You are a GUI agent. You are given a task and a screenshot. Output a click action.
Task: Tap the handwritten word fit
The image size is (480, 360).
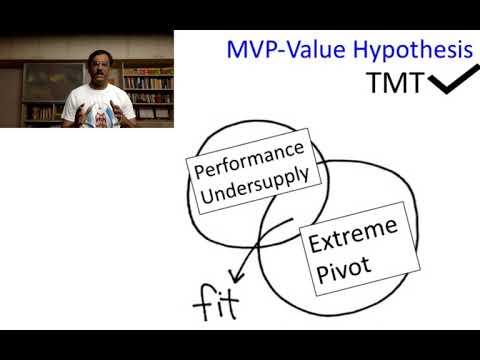213,301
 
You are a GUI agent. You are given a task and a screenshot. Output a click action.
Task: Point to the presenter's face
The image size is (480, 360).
95,67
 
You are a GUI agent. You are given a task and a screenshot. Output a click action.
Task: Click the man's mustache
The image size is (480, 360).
95,75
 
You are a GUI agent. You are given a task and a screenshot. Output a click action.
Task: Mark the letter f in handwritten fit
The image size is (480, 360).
201,301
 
